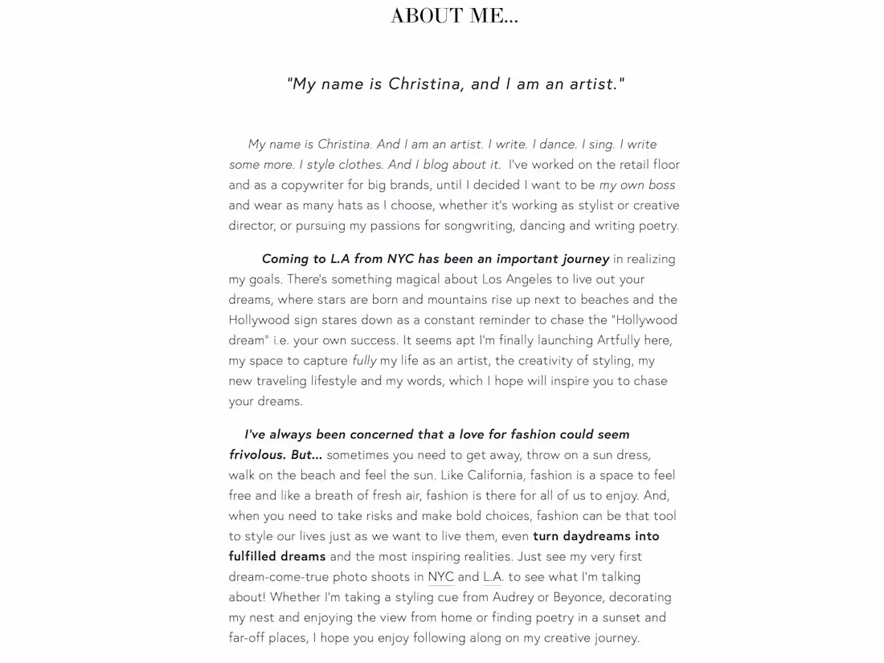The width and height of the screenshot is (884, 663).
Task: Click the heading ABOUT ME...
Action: (454, 16)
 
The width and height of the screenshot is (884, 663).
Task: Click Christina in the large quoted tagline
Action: (424, 84)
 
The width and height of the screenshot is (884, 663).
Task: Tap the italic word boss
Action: (661, 185)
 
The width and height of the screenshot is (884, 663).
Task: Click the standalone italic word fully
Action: (364, 361)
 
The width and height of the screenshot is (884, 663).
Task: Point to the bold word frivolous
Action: (257, 455)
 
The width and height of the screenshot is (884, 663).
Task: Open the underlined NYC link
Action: (440, 576)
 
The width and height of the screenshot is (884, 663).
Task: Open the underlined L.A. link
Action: (493, 576)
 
